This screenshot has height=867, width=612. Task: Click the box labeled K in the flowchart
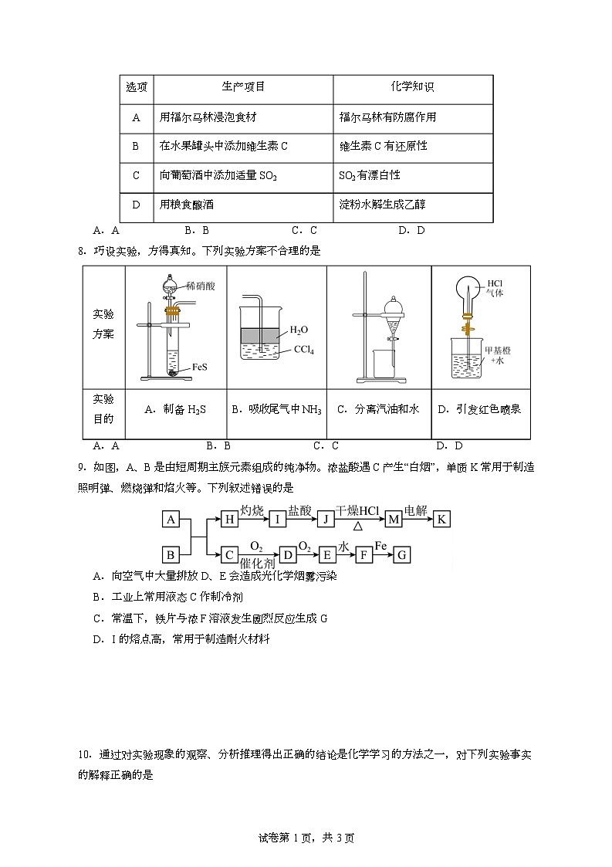(441, 519)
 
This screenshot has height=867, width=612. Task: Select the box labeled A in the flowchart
(171, 519)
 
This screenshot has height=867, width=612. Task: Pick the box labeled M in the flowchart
(394, 519)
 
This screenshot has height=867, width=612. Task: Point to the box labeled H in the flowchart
(229, 519)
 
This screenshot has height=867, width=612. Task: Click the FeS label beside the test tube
(199, 368)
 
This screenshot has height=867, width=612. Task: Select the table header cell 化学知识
(413, 87)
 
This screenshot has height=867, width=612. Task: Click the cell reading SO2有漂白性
(369, 175)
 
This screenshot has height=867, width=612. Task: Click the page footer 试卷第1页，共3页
(306, 838)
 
